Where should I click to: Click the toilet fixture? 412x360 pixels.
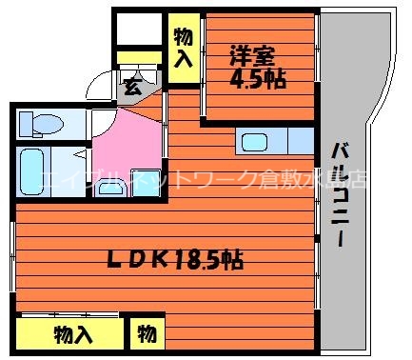click(x=43, y=123)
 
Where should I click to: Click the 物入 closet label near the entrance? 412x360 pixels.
click(x=185, y=45)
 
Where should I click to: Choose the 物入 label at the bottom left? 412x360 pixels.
click(x=72, y=334)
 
